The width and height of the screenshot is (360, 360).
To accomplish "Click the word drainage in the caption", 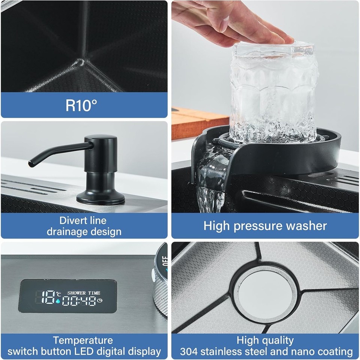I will (69, 231).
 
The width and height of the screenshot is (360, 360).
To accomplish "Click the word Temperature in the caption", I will (82, 340).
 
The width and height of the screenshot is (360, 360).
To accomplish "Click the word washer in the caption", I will (308, 226).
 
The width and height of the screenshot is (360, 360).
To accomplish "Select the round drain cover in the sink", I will (265, 288).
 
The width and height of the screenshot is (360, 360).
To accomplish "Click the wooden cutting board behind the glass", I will (195, 122).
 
